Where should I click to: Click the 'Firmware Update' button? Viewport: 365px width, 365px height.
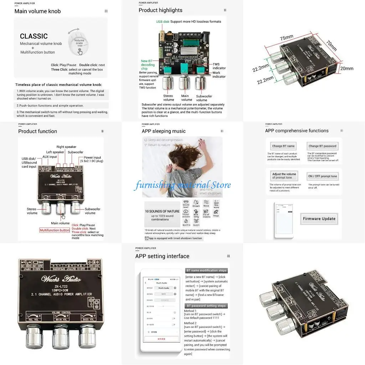tap(319, 219)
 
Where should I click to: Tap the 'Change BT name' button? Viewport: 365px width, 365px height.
tap(283, 146)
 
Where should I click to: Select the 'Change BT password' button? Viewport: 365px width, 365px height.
tap(322, 146)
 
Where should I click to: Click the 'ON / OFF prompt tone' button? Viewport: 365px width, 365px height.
tap(322, 176)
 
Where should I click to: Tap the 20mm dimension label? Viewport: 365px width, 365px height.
tap(346, 68)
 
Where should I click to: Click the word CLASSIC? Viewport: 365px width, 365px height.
tap(34, 36)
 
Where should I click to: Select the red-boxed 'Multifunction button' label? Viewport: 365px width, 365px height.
tap(55, 230)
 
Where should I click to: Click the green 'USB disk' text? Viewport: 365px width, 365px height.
tap(163, 21)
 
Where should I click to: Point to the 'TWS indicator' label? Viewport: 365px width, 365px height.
tap(219, 66)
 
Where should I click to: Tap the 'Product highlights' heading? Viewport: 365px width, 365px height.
tap(160, 10)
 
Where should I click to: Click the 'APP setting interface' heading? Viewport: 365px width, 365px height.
tap(162, 256)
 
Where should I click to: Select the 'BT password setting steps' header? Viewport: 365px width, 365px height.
tap(206, 306)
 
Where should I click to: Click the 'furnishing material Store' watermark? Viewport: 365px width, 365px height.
tap(182, 185)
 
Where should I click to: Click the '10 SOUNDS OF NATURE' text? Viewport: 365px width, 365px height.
tap(162, 211)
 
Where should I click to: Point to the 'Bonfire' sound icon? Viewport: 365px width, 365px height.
tap(186, 222)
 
